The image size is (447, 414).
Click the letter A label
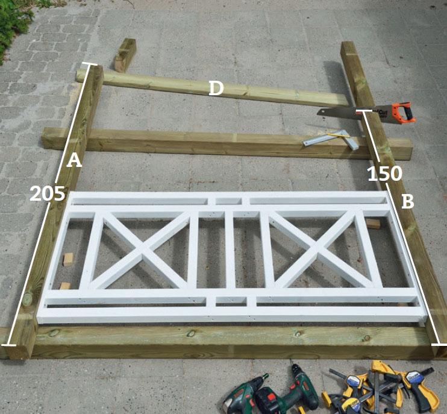pyautogui.click(x=74, y=160)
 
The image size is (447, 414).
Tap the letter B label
pyautogui.click(x=408, y=201)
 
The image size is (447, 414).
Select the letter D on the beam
pyautogui.click(x=216, y=88)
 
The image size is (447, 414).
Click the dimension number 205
pyautogui.click(x=48, y=193)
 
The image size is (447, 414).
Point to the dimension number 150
pyautogui.click(x=385, y=174)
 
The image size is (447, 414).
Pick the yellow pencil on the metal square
pyautogui.click(x=338, y=136)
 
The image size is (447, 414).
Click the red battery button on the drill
pyautogui.click(x=270, y=397)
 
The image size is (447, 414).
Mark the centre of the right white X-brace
pyautogui.click(x=318, y=251)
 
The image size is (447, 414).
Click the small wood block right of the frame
pyautogui.click(x=372, y=224)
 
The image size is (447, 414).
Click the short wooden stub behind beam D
pyautogui.click(x=125, y=55)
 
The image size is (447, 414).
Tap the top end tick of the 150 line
pyautogui.click(x=363, y=110)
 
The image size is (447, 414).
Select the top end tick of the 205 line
pyautogui.click(x=90, y=64)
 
